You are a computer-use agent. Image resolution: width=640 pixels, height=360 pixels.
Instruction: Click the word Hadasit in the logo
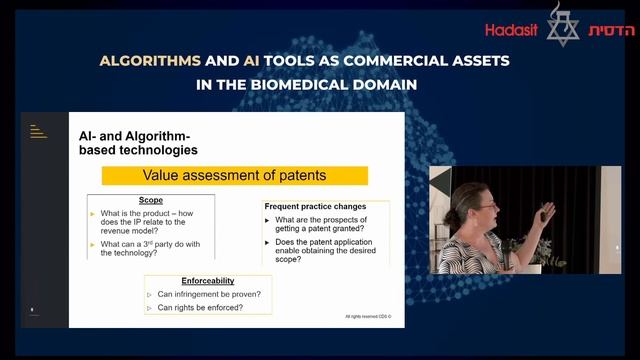[x=511, y=30]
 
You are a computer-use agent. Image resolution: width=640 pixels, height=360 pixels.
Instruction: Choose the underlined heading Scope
[x=152, y=200]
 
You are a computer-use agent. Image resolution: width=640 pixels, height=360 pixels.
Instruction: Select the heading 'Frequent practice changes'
[x=317, y=205]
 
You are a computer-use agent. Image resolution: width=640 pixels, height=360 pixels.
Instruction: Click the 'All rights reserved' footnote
[x=368, y=317]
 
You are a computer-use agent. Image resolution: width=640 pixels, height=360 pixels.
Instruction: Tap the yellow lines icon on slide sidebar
[x=39, y=130]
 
